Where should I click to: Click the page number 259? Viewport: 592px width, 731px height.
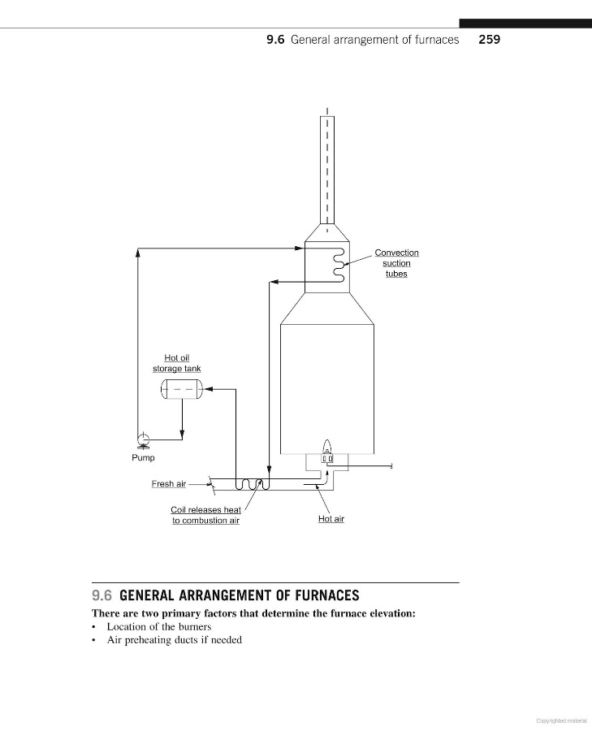click(x=489, y=39)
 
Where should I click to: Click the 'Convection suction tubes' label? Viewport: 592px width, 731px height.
click(x=396, y=263)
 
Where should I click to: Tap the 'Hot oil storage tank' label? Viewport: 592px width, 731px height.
click(x=177, y=363)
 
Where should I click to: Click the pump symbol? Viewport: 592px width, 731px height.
click(x=144, y=440)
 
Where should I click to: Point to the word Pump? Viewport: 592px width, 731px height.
click(x=143, y=458)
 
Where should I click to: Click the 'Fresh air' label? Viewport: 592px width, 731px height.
click(x=168, y=484)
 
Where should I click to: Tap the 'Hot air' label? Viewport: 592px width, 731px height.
click(x=331, y=518)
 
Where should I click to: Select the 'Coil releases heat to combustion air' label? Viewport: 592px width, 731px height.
click(x=205, y=515)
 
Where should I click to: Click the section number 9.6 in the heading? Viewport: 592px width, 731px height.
click(x=102, y=595)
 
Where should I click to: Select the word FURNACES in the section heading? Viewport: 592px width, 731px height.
click(x=318, y=595)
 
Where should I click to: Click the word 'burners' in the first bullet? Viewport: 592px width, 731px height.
click(x=193, y=626)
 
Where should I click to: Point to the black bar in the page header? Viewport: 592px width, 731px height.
click(x=525, y=24)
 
